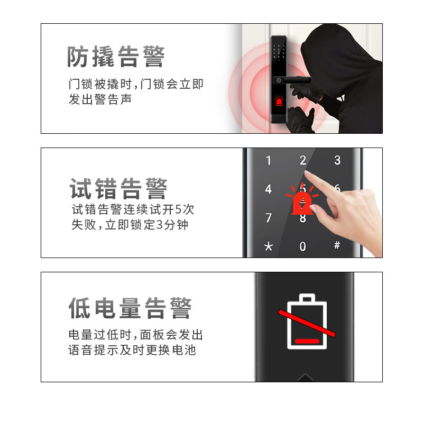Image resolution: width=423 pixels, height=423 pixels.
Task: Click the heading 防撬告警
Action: (116, 57)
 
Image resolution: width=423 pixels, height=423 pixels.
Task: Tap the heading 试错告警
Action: (118, 189)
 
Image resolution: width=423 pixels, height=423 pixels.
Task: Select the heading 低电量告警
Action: (130, 308)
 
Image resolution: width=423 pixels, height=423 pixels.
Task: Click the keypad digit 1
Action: (269, 161)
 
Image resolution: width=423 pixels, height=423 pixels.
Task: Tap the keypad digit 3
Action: (337, 160)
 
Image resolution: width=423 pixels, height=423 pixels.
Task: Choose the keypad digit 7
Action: (269, 218)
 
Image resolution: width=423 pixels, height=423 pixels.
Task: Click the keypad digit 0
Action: (302, 246)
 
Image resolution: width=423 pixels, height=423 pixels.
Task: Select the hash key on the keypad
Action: (337, 245)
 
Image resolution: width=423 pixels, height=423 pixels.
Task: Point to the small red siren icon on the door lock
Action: (279, 100)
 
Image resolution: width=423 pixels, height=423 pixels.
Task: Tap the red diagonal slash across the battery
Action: (307, 323)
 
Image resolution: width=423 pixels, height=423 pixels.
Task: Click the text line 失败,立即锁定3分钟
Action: (130, 224)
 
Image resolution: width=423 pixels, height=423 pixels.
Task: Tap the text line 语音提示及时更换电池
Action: (132, 350)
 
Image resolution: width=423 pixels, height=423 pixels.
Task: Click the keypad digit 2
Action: (303, 160)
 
